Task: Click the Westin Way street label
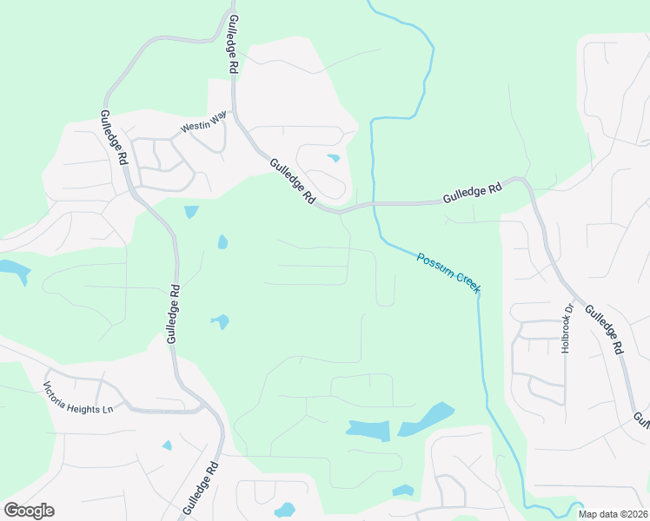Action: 203,127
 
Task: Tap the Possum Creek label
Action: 448,272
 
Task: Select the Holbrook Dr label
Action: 569,327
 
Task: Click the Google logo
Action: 29,510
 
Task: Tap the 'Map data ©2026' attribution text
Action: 613,514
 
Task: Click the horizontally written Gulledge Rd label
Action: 472,192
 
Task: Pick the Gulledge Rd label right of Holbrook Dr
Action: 604,329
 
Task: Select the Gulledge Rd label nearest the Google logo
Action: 201,491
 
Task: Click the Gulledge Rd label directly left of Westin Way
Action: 114,137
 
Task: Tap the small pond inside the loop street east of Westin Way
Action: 333,158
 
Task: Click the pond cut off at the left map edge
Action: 14,270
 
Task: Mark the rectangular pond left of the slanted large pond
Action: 368,428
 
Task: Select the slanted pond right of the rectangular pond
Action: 427,419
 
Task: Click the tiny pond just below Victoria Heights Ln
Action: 167,445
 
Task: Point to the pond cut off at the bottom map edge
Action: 284,511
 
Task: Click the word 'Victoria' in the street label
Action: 61,389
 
